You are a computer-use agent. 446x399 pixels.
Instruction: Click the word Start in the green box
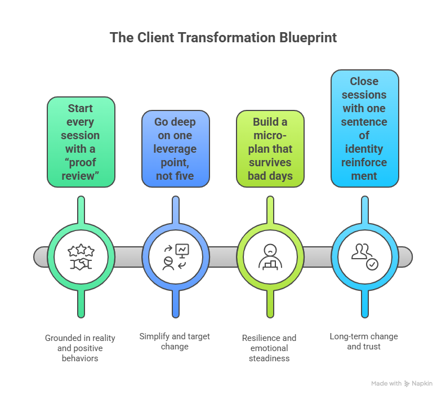tap(81, 108)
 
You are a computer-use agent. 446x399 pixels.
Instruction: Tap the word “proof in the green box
tap(81, 162)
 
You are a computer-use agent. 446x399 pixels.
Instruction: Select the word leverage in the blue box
tap(175, 149)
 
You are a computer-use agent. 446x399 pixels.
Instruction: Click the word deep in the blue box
tap(190, 122)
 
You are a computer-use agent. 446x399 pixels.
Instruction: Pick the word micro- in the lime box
tap(270, 135)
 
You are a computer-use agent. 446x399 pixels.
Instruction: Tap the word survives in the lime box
tap(270, 162)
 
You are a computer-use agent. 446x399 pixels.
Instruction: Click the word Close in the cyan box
tap(364, 81)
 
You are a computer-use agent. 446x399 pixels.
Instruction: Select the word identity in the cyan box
tap(364, 149)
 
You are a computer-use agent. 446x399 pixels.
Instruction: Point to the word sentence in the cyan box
tap(364, 122)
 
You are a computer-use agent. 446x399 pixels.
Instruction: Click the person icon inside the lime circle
tap(270, 257)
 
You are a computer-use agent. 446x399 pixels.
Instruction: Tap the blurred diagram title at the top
tap(222, 39)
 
